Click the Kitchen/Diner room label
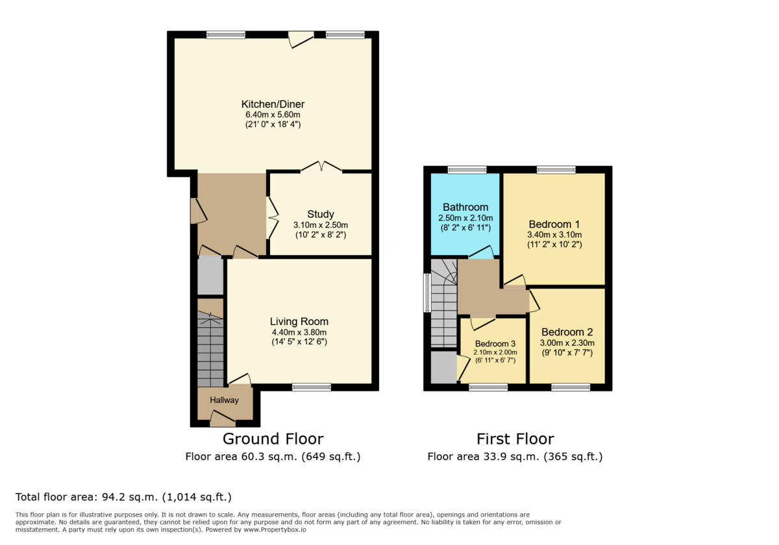273,104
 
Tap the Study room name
321,214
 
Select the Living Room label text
299,321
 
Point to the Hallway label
224,400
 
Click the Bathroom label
465,207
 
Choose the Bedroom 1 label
554,224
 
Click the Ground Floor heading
273,439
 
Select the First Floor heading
515,439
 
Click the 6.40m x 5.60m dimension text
273,114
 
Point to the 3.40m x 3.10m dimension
554,234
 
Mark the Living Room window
311,387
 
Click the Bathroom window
467,170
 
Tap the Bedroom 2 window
571,387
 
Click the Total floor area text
123,498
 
